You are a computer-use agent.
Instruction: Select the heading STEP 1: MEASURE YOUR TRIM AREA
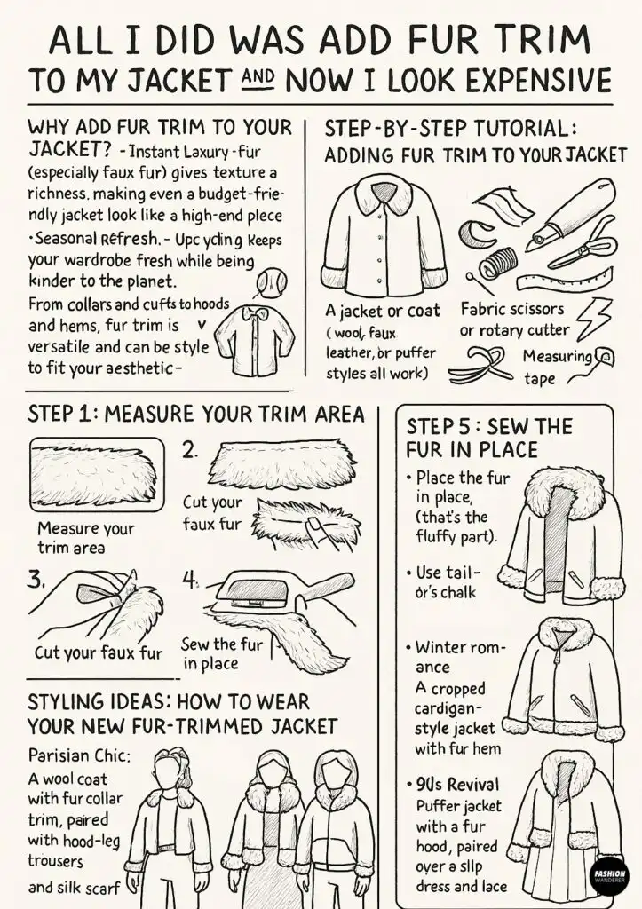(x=195, y=414)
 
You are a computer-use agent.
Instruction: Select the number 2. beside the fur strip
(x=189, y=449)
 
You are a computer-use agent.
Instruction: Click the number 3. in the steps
(x=36, y=580)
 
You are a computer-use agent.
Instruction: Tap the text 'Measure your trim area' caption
(x=85, y=538)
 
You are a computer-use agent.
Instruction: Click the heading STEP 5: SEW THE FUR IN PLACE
(x=488, y=438)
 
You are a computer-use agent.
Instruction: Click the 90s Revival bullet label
(x=457, y=785)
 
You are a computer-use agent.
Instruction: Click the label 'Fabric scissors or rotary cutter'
(x=514, y=320)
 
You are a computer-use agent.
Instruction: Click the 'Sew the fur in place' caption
(x=221, y=653)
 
